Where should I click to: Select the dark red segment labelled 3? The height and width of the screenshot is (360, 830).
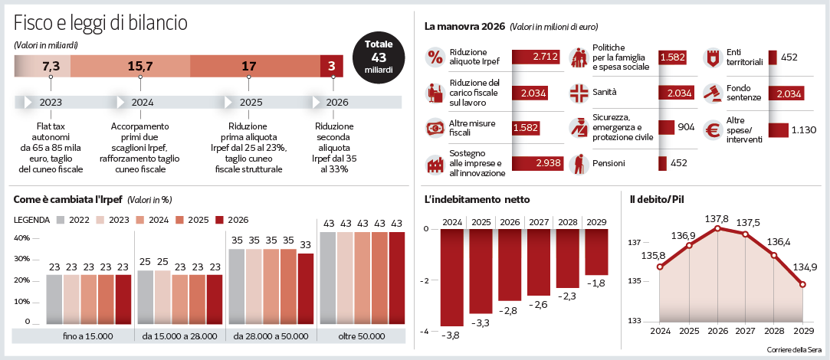pos(331,67)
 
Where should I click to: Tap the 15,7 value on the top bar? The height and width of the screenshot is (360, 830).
pos(140,67)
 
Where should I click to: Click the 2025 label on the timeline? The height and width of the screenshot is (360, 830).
pos(251,102)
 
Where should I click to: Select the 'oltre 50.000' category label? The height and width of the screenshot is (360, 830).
pos(362,335)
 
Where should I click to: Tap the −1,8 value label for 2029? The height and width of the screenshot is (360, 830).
pos(596,283)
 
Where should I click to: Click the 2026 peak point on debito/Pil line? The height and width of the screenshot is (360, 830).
pos(718,228)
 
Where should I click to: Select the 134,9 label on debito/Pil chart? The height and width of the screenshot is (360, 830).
pos(803,267)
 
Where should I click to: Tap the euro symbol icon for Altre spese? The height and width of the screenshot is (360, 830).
pos(714,131)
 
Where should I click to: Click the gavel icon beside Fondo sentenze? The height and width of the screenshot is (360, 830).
pos(713,93)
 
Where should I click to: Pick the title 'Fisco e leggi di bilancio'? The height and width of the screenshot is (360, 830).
pos(100,23)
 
